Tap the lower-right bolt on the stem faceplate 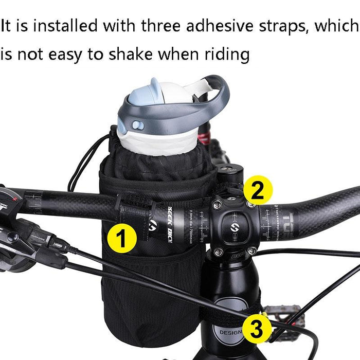click(251, 250)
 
